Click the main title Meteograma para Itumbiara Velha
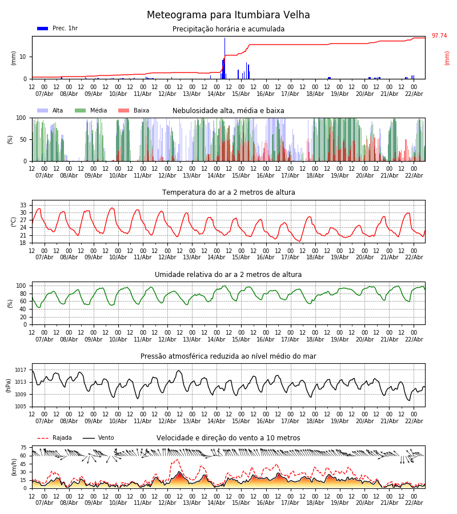click(x=228, y=15)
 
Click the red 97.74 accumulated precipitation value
click(x=439, y=36)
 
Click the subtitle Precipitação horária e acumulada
click(x=228, y=29)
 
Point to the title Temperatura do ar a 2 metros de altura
click(x=228, y=192)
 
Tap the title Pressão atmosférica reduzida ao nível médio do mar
click(x=228, y=356)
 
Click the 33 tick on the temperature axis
click(x=23, y=205)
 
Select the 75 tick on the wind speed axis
click(x=23, y=448)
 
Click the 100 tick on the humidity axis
click(x=22, y=286)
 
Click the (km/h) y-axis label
click(x=14, y=467)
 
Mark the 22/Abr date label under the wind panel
click(x=414, y=503)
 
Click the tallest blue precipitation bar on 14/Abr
click(x=225, y=57)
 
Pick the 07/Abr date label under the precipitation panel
click(x=45, y=94)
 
